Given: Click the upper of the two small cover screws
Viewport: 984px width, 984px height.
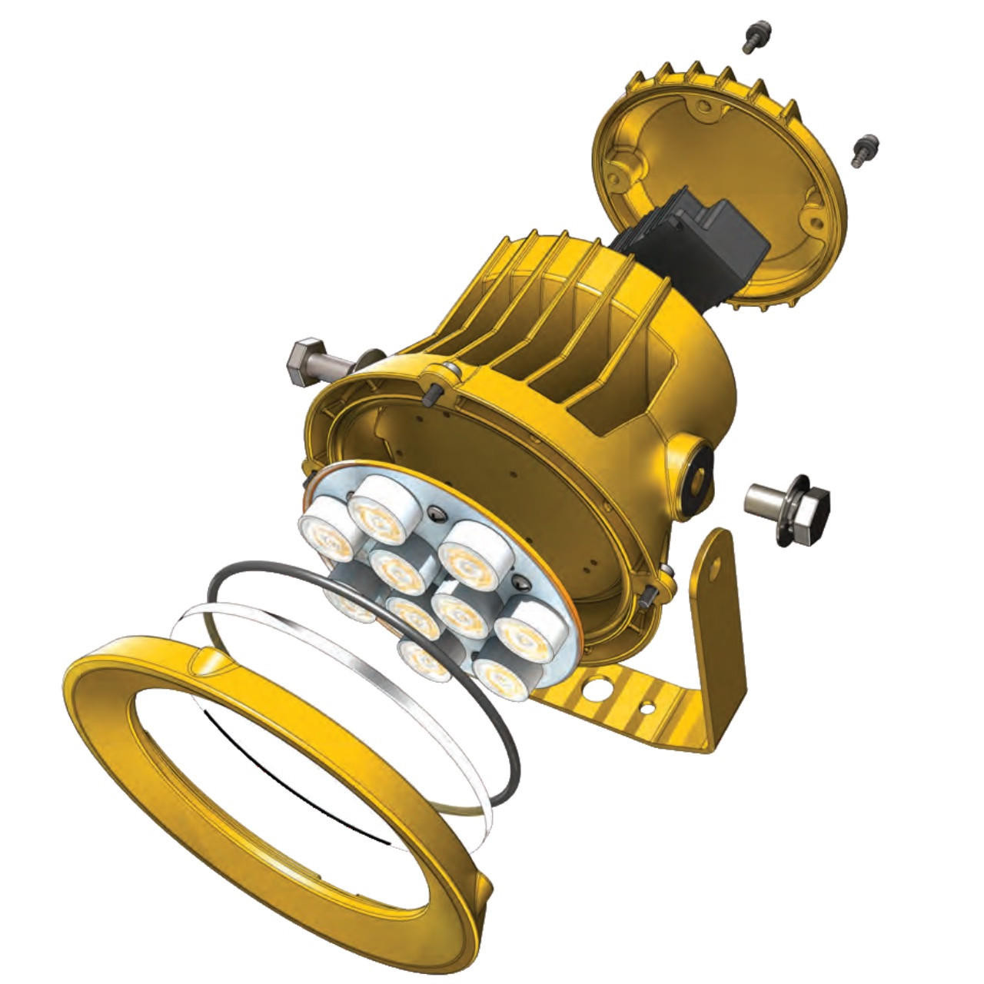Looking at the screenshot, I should coord(752,35).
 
